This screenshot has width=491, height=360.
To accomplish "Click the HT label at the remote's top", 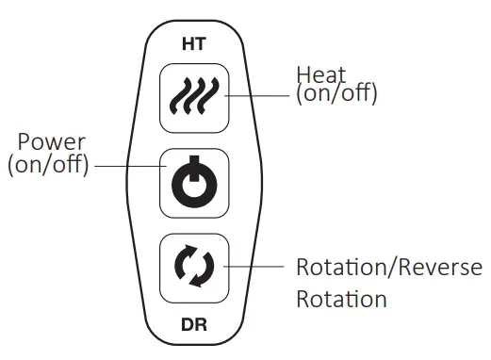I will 193,43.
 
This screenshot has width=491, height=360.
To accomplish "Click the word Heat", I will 321,75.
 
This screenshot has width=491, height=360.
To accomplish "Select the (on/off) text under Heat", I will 336,94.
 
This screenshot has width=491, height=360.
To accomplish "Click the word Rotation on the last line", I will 341,300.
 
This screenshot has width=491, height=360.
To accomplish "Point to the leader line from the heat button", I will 260,94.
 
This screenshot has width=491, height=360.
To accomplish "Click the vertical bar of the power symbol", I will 193,173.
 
